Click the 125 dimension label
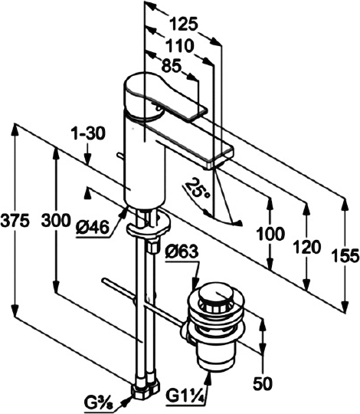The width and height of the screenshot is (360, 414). pyautogui.click(x=183, y=24)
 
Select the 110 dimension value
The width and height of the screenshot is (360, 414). pyautogui.click(x=180, y=46)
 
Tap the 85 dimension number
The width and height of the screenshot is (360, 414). pyautogui.click(x=172, y=67)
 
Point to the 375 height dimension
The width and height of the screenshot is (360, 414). pyautogui.click(x=15, y=221)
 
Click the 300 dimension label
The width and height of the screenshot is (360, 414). pyautogui.click(x=56, y=221)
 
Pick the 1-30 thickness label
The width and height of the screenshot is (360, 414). pyautogui.click(x=90, y=133)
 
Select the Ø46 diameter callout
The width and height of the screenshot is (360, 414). pyautogui.click(x=92, y=227)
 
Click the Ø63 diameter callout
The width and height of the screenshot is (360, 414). pyautogui.click(x=182, y=252)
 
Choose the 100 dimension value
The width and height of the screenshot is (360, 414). pyautogui.click(x=271, y=234)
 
